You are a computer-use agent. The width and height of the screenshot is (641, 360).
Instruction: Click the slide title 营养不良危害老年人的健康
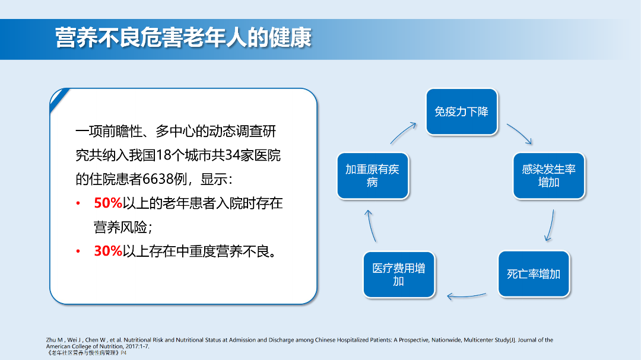(x=183, y=38)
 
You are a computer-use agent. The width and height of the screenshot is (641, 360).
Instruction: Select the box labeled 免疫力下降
(x=461, y=111)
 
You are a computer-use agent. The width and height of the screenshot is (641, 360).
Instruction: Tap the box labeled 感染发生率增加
(x=548, y=176)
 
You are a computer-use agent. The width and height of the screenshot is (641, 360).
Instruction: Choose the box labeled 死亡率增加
(x=533, y=274)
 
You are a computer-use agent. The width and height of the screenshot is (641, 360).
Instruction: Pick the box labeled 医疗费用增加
(x=398, y=275)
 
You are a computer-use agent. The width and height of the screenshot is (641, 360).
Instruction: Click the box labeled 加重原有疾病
(x=372, y=176)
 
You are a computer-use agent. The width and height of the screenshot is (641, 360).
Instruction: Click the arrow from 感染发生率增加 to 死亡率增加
(x=550, y=225)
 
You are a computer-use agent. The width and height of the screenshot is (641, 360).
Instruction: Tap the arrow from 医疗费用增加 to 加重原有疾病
(x=370, y=225)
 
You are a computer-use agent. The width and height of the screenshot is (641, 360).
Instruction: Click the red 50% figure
(x=107, y=203)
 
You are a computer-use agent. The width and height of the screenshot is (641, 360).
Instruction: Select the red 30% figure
(x=107, y=251)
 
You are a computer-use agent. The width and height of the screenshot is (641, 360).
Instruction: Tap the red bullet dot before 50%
(x=78, y=204)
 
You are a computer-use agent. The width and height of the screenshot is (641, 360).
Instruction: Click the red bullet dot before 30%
(x=78, y=251)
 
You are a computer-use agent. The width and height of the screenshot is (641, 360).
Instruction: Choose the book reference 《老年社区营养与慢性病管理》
(x=82, y=352)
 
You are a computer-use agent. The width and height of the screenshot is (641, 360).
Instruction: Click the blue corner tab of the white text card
(x=58, y=96)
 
